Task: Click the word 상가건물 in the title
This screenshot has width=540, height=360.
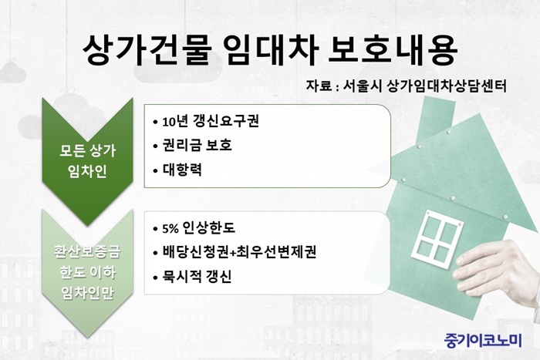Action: (x=147, y=50)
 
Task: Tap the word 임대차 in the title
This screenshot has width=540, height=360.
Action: (x=272, y=50)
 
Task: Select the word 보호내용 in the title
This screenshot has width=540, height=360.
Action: (x=393, y=50)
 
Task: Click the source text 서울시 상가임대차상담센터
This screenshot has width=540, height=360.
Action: (x=424, y=86)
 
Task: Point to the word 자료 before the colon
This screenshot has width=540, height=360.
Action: (x=319, y=86)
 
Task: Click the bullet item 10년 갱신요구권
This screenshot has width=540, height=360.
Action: (x=211, y=122)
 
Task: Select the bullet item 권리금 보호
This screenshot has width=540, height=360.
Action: (x=197, y=145)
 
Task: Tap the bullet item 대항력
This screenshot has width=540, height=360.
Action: (x=182, y=170)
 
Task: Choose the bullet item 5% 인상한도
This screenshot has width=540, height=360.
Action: (x=199, y=228)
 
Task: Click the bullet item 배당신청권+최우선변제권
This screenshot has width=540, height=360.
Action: (x=239, y=252)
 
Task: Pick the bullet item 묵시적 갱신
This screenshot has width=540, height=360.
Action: (x=197, y=277)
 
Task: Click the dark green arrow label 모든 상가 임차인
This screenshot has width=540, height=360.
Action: (x=87, y=160)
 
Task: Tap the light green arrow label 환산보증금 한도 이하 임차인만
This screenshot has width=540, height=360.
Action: (x=87, y=272)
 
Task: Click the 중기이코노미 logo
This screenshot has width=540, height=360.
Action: (x=483, y=341)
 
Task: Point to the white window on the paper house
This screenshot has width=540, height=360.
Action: (x=437, y=238)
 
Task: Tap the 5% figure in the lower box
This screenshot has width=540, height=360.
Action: (x=170, y=228)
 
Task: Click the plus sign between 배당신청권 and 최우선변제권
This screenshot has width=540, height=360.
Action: (x=233, y=253)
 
